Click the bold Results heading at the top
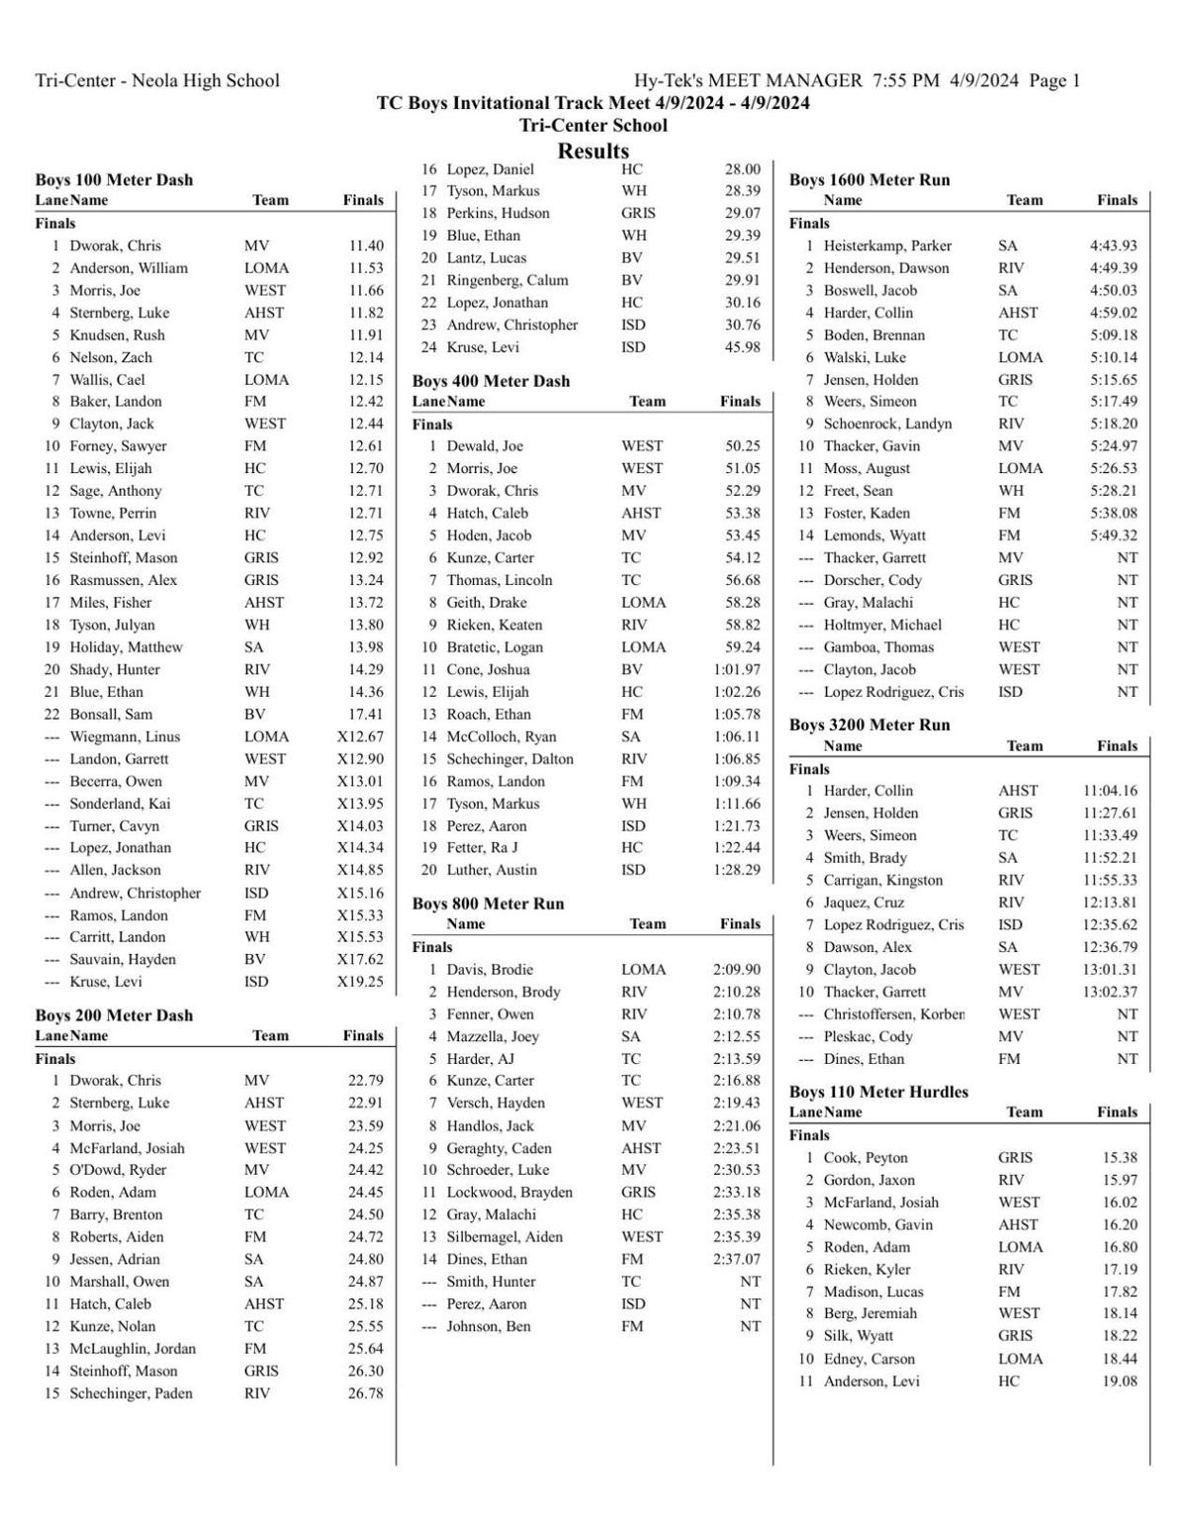tap(593, 151)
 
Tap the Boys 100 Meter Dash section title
tap(114, 179)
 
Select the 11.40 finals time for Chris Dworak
tap(365, 245)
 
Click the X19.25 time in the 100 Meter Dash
tap(360, 982)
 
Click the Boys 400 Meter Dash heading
tap(491, 381)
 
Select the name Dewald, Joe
tap(485, 446)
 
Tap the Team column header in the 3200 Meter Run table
tap(1024, 746)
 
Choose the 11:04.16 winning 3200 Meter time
tap(1110, 791)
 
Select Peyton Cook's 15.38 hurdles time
tap(1120, 1158)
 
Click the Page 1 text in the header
tap(1054, 81)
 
